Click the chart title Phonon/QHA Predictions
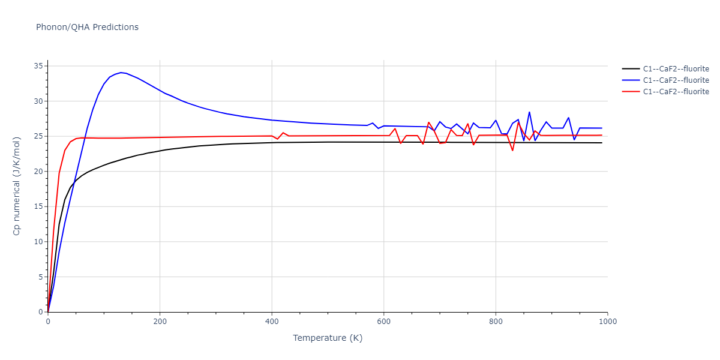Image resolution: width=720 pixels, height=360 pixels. [87, 27]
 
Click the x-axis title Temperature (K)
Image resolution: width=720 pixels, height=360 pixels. [328, 338]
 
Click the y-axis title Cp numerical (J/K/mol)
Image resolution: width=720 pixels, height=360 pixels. [17, 186]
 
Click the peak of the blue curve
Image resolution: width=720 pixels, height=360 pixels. [121, 73]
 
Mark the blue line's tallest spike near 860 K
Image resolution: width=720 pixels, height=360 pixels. [529, 112]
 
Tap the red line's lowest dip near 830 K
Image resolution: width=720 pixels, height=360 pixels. [512, 150]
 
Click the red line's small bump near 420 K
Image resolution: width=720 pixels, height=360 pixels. [283, 133]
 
